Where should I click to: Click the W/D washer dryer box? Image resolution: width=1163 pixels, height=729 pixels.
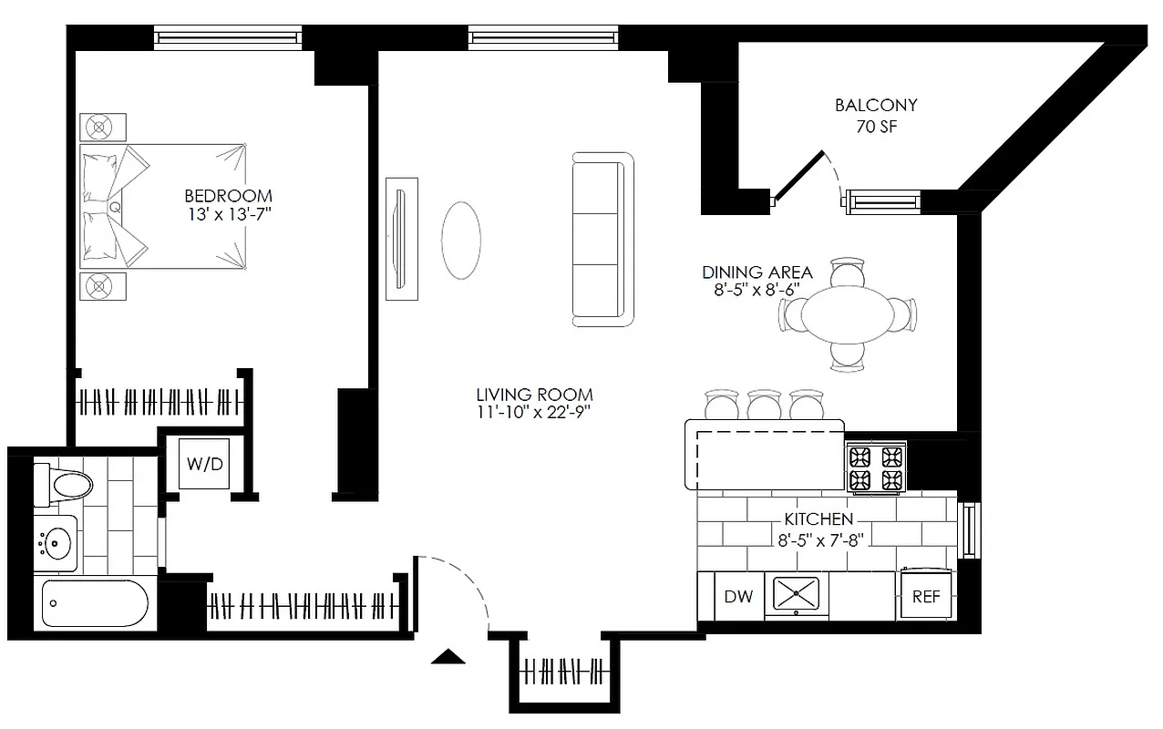204,464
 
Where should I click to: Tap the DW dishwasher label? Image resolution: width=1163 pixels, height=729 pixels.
738,597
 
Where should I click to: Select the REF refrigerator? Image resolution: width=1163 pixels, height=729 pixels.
926,596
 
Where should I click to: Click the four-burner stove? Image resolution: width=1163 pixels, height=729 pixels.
877,467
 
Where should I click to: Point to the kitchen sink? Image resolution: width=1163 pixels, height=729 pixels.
796,593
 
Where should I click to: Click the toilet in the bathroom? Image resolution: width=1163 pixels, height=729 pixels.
61,483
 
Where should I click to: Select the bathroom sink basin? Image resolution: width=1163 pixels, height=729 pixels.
57,544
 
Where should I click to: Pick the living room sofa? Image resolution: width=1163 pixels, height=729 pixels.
602,239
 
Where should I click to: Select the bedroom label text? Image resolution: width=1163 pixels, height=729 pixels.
228,196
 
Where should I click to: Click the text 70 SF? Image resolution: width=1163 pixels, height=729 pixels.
876,127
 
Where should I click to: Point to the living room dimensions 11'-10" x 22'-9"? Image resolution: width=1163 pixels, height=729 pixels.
534,413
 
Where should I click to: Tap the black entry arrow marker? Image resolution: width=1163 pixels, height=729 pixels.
448,656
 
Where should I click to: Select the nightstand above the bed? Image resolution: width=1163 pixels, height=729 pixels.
102,126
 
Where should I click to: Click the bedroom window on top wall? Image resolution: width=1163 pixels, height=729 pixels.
228,37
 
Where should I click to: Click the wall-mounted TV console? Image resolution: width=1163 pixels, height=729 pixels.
401,238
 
